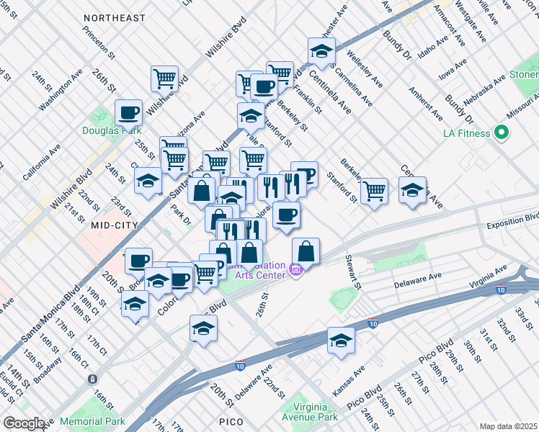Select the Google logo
coord(23,423)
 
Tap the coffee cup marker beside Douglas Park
coord(128,112)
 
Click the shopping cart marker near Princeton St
coord(165,78)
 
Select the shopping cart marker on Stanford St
coord(374,191)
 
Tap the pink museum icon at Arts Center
coord(293,271)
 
